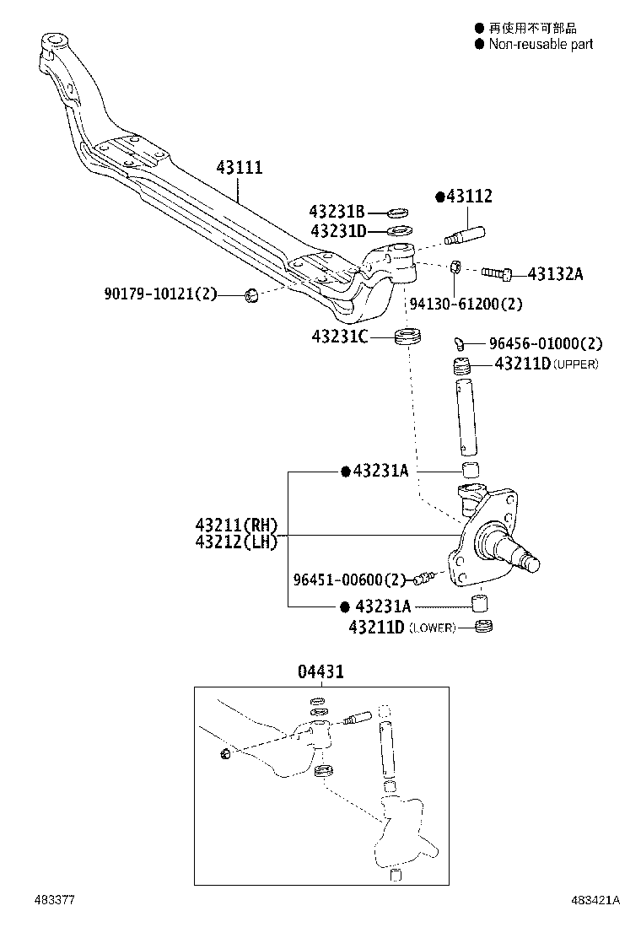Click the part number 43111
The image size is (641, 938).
[239, 168]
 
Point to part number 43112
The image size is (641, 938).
[468, 197]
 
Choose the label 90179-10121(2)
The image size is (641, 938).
[160, 294]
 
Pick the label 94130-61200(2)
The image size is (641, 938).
[466, 304]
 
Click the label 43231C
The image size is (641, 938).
[340, 337]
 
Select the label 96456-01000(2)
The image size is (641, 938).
[546, 343]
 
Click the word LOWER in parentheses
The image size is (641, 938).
[432, 628]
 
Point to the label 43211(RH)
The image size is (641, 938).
[237, 525]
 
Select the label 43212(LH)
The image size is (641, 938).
[237, 542]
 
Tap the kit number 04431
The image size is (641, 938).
[320, 671]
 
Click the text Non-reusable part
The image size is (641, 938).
[541, 44]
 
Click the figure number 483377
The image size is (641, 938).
[55, 899]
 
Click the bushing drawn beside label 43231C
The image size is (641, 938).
[407, 337]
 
